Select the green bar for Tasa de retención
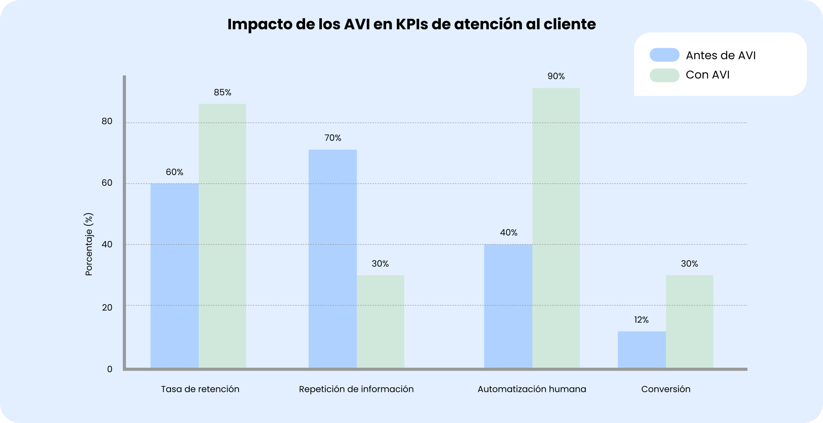point(222,236)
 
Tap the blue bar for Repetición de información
point(332,259)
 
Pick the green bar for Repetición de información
point(380,322)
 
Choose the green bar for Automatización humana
point(556,228)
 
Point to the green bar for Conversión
point(689,322)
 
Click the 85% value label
point(222,93)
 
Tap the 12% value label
point(641,320)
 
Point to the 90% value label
point(556,76)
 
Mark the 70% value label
point(332,138)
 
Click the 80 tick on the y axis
point(107,121)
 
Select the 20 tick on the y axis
point(107,307)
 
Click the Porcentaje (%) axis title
point(89,244)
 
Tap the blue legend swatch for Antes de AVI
point(664,55)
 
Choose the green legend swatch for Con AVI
point(664,75)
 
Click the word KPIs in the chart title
point(412,24)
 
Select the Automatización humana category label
point(532,389)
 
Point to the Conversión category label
point(665,389)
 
